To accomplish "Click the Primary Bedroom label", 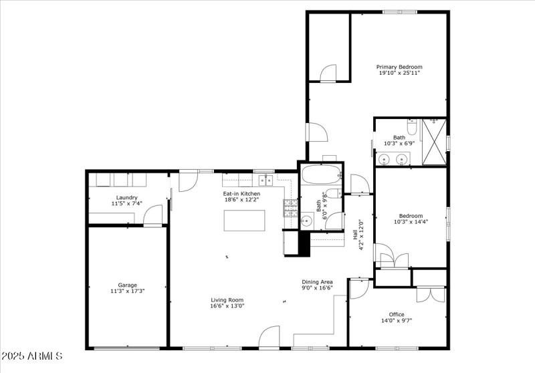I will tap(399, 67).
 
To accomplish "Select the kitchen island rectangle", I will tap(243, 219).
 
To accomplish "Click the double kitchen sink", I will tap(267, 179).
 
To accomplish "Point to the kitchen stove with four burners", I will tap(290, 209).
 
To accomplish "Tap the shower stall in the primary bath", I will tap(435, 141).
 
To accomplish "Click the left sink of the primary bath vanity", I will tap(384, 159).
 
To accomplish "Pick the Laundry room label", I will tap(127, 197).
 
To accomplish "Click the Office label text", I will tap(397, 314).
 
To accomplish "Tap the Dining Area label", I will tap(317, 281).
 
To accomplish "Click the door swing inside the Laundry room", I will tap(154, 215).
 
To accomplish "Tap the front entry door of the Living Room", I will tap(270, 337).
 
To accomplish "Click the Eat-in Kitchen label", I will tap(241, 194).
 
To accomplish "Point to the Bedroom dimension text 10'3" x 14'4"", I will tap(411, 222).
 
